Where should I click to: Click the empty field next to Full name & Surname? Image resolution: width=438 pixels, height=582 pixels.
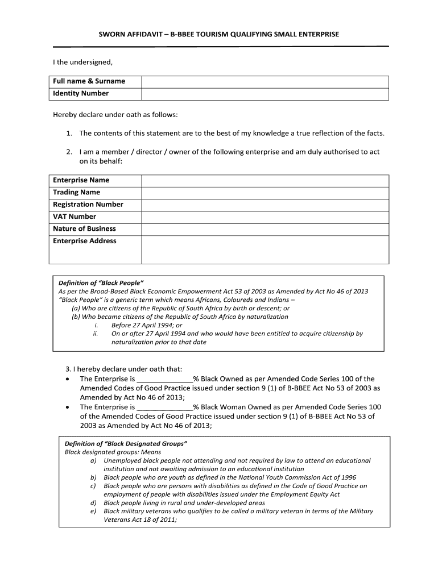click(265, 81)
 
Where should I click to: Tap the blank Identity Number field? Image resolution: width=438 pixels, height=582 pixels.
click(265, 94)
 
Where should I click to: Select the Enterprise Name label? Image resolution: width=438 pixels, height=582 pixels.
click(81, 180)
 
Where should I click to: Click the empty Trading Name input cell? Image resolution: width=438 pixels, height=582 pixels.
click(265, 193)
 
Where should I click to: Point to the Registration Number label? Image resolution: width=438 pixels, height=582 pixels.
click(88, 205)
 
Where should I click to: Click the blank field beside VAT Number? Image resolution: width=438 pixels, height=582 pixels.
click(265, 217)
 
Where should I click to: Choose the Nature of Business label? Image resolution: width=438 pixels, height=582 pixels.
click(84, 229)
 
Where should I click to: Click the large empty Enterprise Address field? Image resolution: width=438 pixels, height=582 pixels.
click(265, 249)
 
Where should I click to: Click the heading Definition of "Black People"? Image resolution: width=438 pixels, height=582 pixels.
click(101, 283)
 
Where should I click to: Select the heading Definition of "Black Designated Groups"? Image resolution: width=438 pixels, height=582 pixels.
click(126, 443)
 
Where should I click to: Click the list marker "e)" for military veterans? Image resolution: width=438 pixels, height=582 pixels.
click(93, 511)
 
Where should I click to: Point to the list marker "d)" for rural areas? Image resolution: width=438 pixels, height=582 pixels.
click(93, 503)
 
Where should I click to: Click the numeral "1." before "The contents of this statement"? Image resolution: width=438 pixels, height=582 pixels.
click(68, 134)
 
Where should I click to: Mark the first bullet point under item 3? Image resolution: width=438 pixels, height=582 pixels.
click(68, 379)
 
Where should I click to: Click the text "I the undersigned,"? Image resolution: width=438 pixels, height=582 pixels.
click(83, 61)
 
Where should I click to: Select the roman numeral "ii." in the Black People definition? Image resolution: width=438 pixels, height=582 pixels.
click(96, 334)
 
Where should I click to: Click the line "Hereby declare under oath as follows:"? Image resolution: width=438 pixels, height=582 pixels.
click(115, 115)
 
